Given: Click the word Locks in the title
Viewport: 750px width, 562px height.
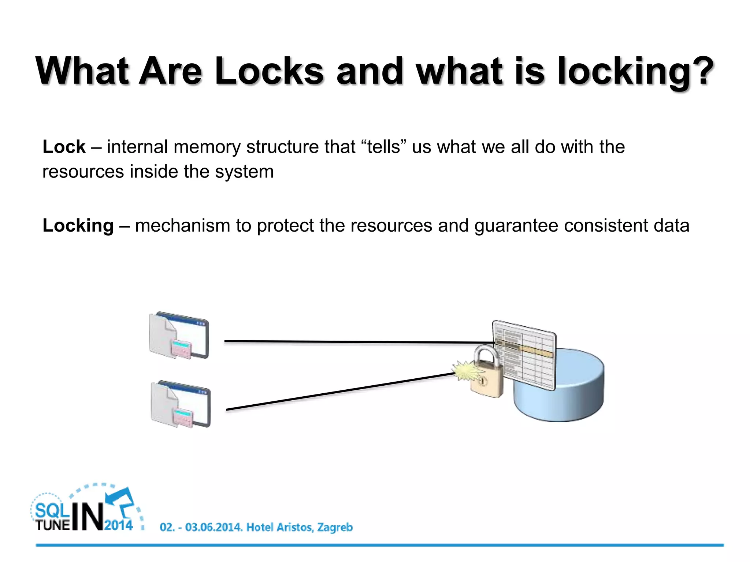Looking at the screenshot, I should (x=269, y=71).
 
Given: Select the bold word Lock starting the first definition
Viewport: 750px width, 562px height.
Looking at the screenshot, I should (x=64, y=147).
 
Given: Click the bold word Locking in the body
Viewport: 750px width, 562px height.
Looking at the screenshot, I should (x=78, y=226).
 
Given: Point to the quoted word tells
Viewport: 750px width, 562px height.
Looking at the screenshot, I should (x=384, y=147).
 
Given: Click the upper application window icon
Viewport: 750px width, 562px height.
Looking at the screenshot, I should (x=179, y=336).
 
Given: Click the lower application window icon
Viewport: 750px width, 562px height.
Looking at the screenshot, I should (x=181, y=404).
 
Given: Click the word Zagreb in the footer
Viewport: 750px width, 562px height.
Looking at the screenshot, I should (x=335, y=527).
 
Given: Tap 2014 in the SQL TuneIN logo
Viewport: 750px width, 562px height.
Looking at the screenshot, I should (x=119, y=525).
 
